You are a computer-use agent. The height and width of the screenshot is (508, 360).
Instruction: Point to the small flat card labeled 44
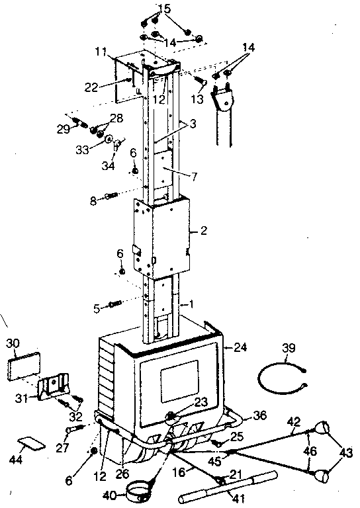click(30, 441)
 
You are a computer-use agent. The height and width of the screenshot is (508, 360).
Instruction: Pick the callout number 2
click(204, 231)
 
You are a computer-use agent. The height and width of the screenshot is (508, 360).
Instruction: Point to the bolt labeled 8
click(111, 196)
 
